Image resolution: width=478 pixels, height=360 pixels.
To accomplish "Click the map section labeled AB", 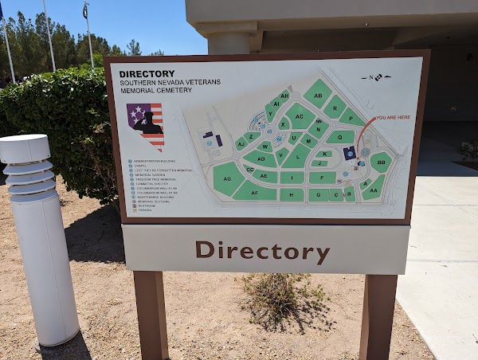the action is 318,94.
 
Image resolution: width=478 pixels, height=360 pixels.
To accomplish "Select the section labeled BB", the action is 381,162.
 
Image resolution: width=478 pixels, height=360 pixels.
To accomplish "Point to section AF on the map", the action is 255,192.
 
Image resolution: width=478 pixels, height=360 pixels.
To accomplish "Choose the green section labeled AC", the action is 300,116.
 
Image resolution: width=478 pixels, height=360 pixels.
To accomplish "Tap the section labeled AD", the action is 261,158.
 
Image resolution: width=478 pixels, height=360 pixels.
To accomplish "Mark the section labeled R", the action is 335,105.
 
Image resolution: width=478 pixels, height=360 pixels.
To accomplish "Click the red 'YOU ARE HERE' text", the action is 393,117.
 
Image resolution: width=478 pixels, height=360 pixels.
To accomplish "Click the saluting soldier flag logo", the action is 145,125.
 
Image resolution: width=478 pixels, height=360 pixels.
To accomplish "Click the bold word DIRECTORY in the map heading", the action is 147,73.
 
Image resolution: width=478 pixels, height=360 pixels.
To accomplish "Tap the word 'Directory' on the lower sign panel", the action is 262,251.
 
